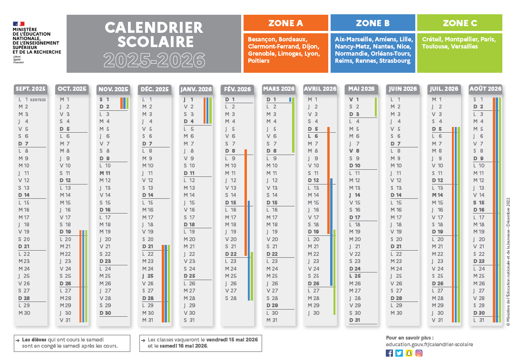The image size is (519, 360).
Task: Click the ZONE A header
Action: (285, 23)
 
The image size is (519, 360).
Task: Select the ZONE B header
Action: (372, 23)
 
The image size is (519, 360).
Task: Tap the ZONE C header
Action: (460, 23)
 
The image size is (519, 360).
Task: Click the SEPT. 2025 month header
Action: (30, 89)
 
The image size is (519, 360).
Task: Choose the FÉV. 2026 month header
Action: (237, 89)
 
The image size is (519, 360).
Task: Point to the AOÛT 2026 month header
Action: (485, 89)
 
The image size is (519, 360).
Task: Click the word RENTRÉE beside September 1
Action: (38, 100)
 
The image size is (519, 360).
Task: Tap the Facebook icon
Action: (390, 353)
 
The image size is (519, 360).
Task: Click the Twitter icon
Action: (399, 353)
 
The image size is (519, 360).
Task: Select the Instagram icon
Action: (419, 353)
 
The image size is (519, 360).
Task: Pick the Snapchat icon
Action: (409, 353)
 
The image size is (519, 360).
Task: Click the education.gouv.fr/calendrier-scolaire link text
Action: (430, 344)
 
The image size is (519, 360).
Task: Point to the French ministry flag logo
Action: (19, 23)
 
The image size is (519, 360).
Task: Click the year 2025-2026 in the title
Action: (154, 60)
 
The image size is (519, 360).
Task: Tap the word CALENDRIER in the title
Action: (154, 28)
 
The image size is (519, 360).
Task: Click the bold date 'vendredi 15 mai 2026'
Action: (232, 340)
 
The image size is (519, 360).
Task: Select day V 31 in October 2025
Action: (65, 320)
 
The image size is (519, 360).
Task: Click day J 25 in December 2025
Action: (147, 276)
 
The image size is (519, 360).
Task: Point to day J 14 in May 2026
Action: (355, 195)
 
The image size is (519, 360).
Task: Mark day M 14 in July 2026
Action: (437, 195)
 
